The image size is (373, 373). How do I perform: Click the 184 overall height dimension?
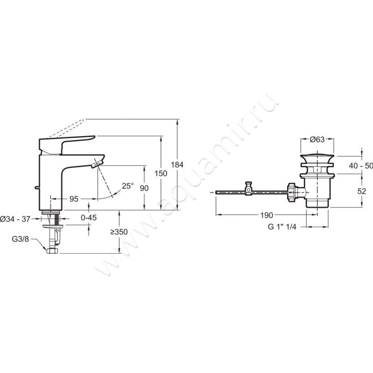177,165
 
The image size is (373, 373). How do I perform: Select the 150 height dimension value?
161,173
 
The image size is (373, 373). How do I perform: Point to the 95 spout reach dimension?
74,199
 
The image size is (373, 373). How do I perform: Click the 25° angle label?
128,186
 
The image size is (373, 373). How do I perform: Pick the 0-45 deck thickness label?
89,217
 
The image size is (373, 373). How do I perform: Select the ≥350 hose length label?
119,232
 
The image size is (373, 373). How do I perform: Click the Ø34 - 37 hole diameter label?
15,219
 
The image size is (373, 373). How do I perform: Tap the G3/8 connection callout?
21,239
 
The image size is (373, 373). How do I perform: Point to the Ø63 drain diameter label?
317,139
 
